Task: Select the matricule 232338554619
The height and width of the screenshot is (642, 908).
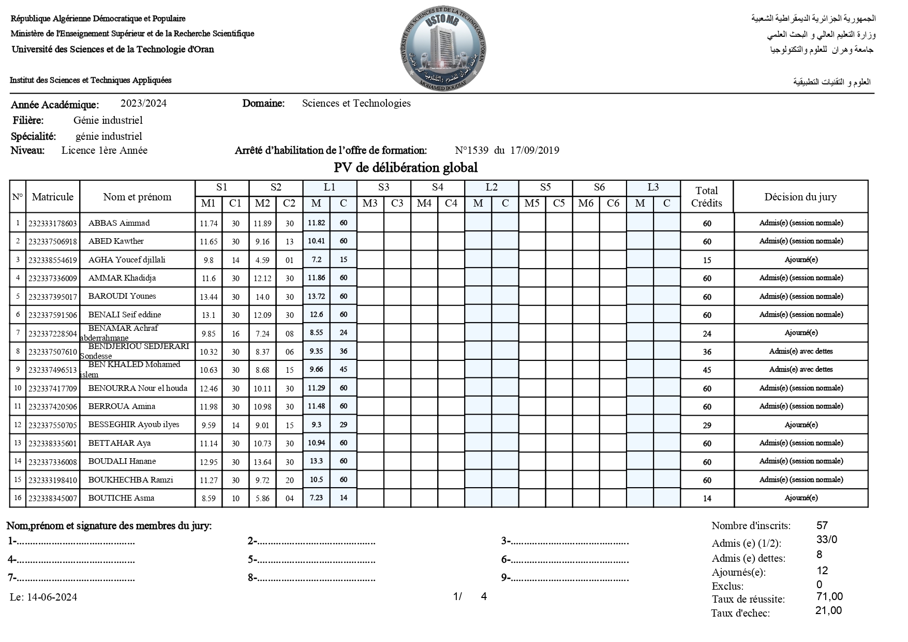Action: click(x=53, y=260)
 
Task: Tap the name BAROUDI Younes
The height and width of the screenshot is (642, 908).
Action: click(x=122, y=296)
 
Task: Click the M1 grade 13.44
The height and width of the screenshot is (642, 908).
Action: click(x=209, y=297)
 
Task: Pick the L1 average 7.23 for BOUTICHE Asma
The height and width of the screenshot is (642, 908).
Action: click(x=316, y=498)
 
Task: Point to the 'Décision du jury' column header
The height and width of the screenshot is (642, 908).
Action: click(x=800, y=197)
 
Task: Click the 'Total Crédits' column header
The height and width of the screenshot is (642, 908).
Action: click(x=706, y=197)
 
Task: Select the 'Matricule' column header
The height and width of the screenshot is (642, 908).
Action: click(x=53, y=197)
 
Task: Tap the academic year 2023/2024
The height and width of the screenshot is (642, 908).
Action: click(x=143, y=103)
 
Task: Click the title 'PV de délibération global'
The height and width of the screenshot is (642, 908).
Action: click(x=406, y=168)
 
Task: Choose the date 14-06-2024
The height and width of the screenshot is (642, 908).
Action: click(x=52, y=597)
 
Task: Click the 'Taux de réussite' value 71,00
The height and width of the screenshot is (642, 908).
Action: click(x=829, y=596)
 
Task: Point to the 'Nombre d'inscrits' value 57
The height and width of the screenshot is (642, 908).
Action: click(x=822, y=526)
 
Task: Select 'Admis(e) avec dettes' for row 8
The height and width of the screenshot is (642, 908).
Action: click(x=801, y=351)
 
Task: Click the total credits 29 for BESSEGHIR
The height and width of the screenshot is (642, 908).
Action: click(x=707, y=425)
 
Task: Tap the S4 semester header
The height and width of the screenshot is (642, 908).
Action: click(x=437, y=187)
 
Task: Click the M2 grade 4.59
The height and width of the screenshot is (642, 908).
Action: click(x=262, y=260)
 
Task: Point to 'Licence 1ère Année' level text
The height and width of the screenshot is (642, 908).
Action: click(x=105, y=151)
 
